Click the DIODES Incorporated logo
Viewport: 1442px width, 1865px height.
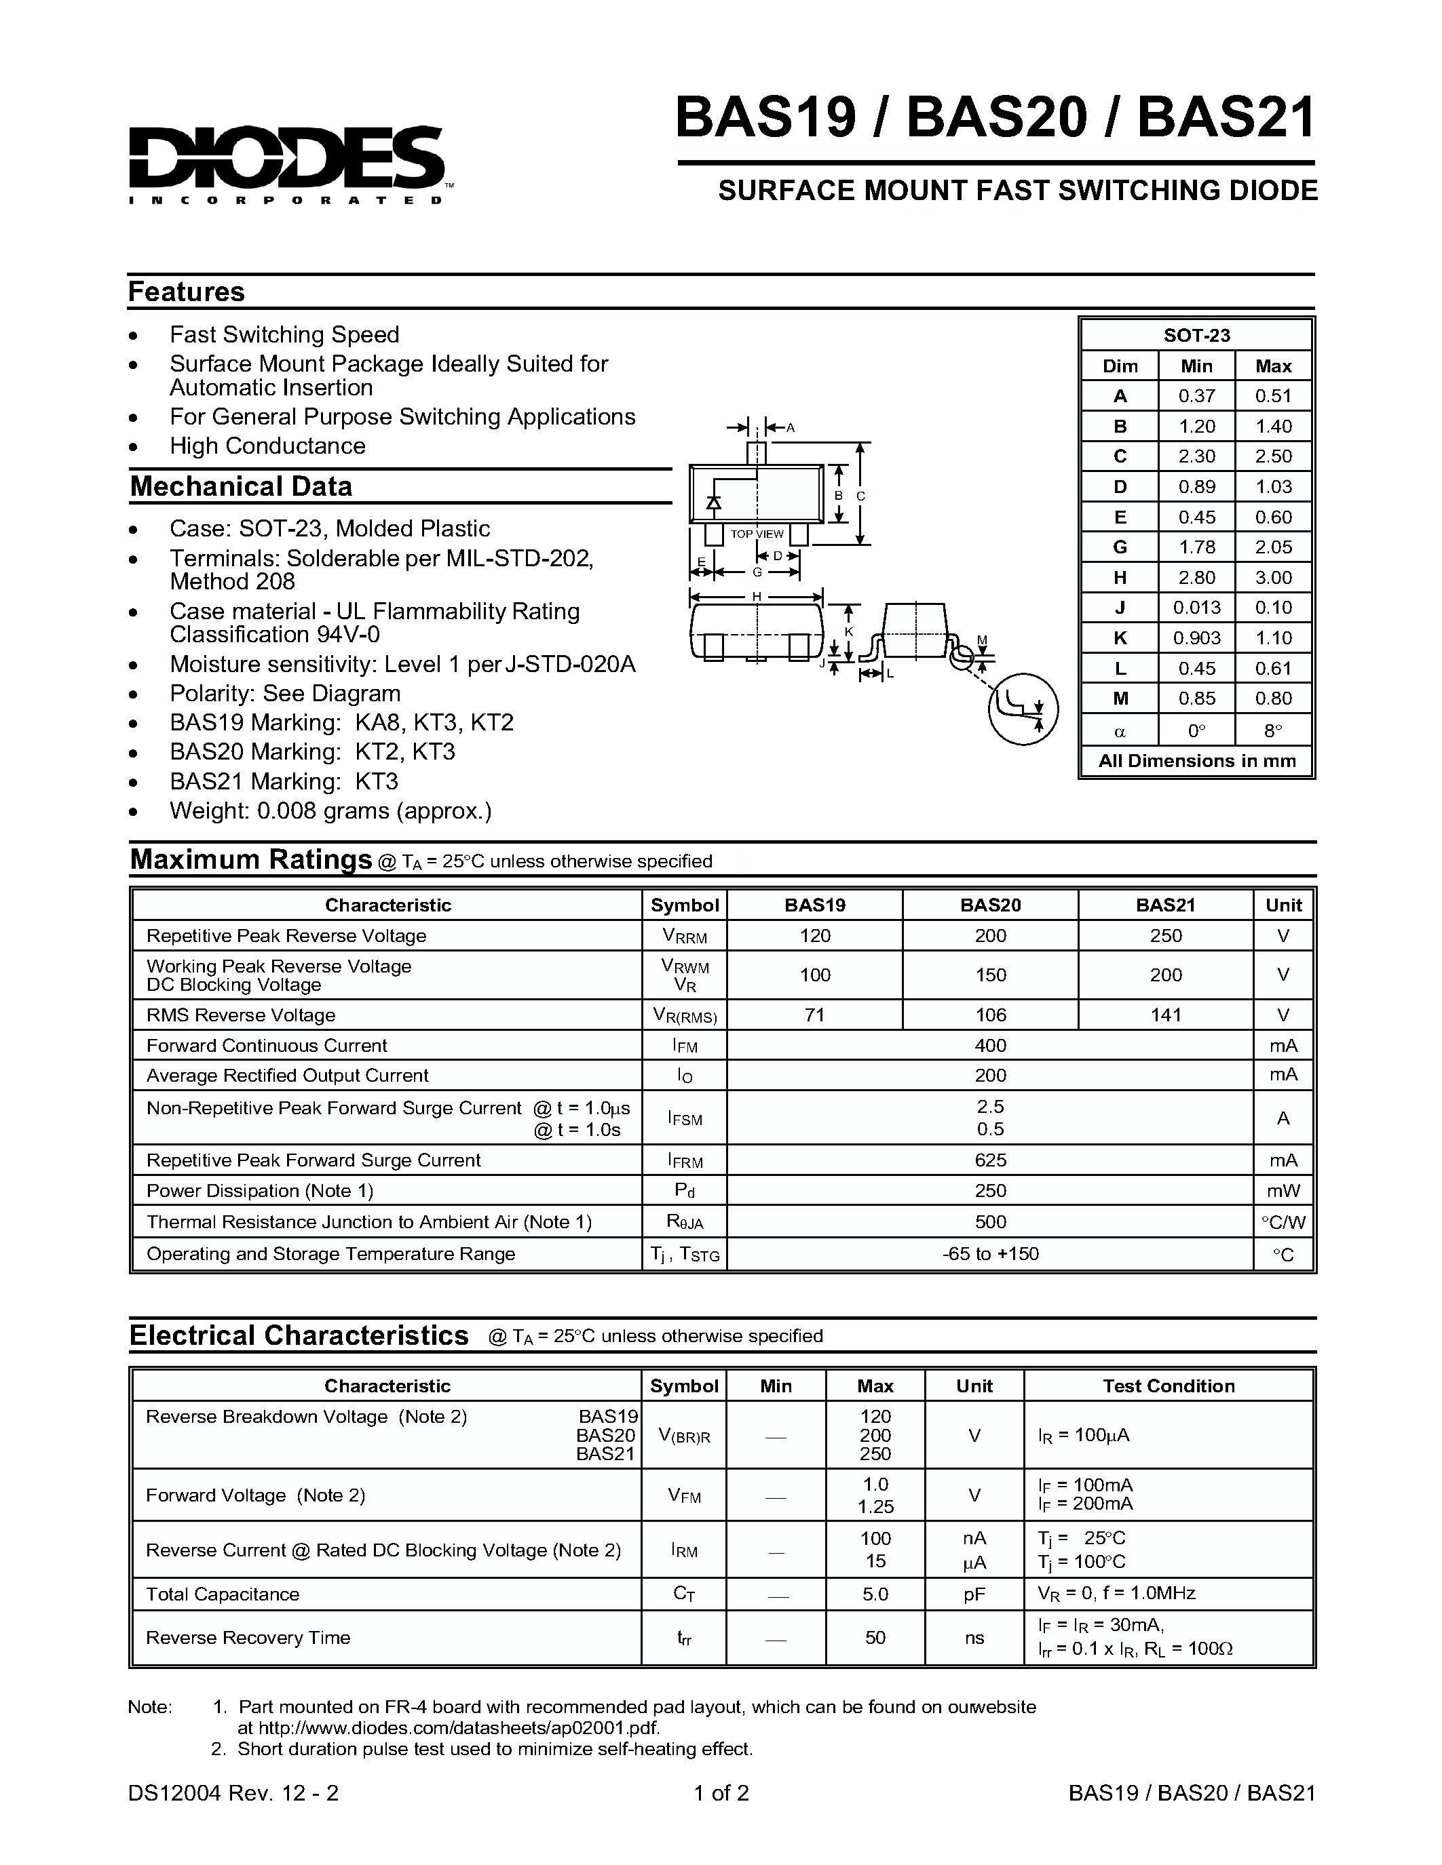coord(286,162)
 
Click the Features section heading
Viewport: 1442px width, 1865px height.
coord(186,292)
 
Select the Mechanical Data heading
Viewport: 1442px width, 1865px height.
coord(241,487)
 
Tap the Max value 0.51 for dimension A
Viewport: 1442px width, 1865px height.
coord(1273,396)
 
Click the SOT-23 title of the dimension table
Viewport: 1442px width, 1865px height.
coord(1196,336)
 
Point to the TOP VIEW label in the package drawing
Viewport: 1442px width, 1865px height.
coord(756,534)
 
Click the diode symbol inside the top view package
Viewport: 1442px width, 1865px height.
coord(713,504)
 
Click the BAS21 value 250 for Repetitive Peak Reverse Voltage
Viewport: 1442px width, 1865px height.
coord(1165,936)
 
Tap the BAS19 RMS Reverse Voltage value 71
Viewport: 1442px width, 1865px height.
coord(814,1015)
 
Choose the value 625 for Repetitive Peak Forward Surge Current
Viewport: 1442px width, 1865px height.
coord(990,1160)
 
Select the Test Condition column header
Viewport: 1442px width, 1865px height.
coord(1168,1386)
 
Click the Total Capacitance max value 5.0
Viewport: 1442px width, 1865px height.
coord(875,1594)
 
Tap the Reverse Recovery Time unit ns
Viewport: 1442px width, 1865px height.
coord(974,1638)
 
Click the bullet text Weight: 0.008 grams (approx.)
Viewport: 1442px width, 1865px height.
coord(330,811)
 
